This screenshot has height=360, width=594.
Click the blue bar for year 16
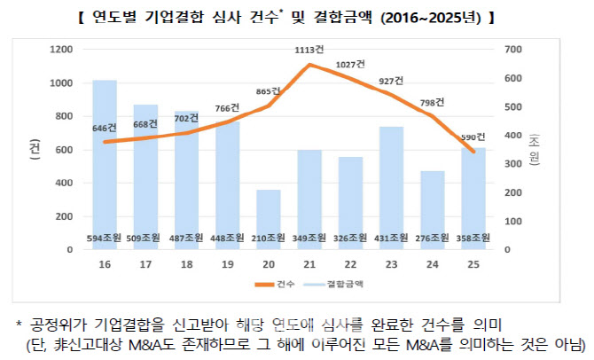tap(105, 160)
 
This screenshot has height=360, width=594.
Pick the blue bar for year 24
tap(432, 204)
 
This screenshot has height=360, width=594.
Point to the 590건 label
tap(473, 137)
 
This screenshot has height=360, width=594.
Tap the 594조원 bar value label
tap(105, 238)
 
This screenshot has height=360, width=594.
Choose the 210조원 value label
tap(269, 238)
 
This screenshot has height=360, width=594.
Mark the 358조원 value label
tap(473, 238)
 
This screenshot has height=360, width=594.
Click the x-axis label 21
tap(309, 264)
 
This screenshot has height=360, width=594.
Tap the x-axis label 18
tap(186, 264)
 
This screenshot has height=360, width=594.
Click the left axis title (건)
tap(33, 149)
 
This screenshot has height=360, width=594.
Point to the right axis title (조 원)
tap(534, 149)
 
